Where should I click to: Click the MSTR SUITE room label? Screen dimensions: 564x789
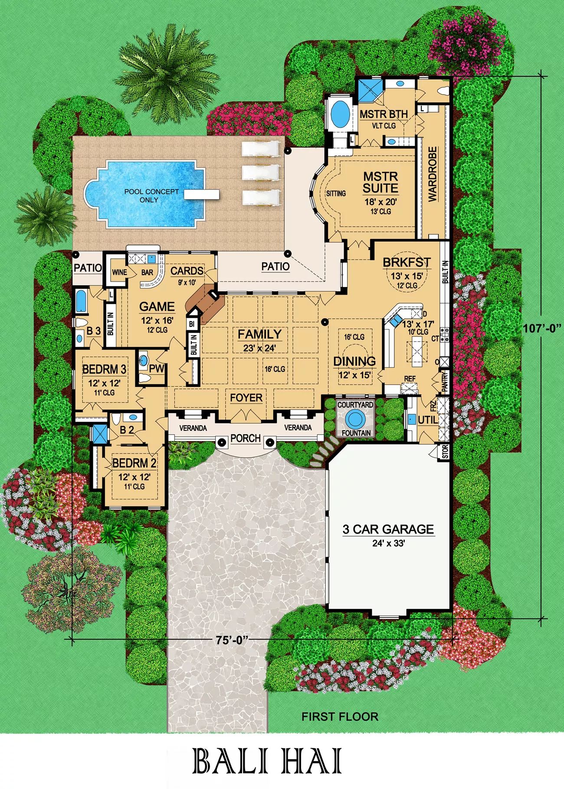380,182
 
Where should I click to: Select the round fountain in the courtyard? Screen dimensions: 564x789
355,419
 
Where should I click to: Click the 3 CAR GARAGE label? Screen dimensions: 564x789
388,529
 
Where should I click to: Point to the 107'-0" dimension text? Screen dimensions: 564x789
542,328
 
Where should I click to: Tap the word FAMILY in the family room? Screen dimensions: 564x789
259,334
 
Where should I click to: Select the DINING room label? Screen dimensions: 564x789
354,361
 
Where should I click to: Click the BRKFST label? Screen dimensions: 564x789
407,262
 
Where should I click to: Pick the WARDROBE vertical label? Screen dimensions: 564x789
433,174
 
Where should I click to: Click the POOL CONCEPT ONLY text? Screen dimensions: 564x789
151,196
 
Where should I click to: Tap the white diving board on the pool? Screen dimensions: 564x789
201,194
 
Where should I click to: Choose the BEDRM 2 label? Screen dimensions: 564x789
134,463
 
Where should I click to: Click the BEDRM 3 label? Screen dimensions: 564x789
104,369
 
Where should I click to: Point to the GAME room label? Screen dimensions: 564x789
157,307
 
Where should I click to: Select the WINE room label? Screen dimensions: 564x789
119,272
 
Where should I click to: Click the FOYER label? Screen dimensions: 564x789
246,398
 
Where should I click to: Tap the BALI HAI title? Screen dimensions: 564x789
267,761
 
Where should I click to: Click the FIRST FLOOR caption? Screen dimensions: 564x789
340,717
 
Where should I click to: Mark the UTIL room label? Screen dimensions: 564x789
427,420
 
